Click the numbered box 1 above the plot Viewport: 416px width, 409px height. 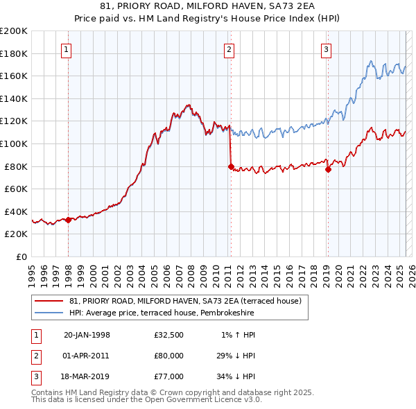(x=66, y=49)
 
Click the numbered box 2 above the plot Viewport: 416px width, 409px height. (x=229, y=49)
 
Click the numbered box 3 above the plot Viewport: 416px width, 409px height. (x=326, y=49)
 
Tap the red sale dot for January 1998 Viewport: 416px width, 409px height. (x=69, y=220)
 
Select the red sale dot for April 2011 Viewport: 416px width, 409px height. (x=231, y=166)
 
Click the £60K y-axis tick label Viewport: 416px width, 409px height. (x=15, y=189)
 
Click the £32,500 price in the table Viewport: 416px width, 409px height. (x=169, y=335)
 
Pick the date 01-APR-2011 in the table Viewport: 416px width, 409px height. (x=86, y=356)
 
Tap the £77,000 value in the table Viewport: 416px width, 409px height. (x=169, y=376)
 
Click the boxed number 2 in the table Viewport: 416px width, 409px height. (x=35, y=356)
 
